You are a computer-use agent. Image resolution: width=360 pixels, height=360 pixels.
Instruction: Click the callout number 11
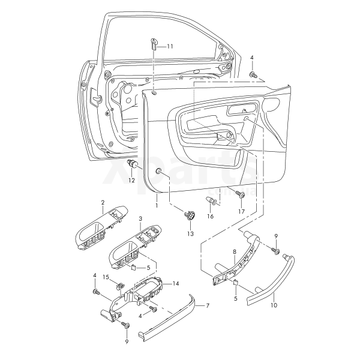(x=170, y=46)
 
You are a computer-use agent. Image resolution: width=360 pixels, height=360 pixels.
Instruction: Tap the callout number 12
(x=131, y=181)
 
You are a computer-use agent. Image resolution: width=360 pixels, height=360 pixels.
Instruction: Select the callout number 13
(x=190, y=234)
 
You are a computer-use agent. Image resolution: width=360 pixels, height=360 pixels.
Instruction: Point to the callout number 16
(x=211, y=216)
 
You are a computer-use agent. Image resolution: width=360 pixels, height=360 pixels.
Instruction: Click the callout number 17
(x=242, y=211)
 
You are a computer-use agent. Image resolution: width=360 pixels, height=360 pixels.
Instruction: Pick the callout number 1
(x=157, y=205)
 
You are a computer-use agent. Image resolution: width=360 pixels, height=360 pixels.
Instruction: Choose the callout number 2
(x=103, y=203)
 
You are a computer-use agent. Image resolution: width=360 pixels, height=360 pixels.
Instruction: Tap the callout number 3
(x=140, y=219)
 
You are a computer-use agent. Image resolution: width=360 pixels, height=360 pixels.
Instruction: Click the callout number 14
(x=176, y=284)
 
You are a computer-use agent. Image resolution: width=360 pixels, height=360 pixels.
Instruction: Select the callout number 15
(x=106, y=277)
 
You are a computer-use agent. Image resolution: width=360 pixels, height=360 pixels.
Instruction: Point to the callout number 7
(x=208, y=305)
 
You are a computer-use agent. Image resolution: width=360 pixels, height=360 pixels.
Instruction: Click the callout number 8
(x=235, y=252)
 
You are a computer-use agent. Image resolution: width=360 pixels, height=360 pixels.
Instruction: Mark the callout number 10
(x=274, y=305)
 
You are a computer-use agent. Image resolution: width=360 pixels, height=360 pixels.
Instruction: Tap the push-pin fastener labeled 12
(x=132, y=163)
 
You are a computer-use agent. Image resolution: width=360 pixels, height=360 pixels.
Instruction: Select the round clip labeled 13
(x=190, y=215)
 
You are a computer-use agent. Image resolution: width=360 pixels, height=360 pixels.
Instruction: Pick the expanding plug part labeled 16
(x=211, y=200)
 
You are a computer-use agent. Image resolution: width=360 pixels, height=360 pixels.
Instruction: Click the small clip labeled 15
(x=119, y=286)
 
